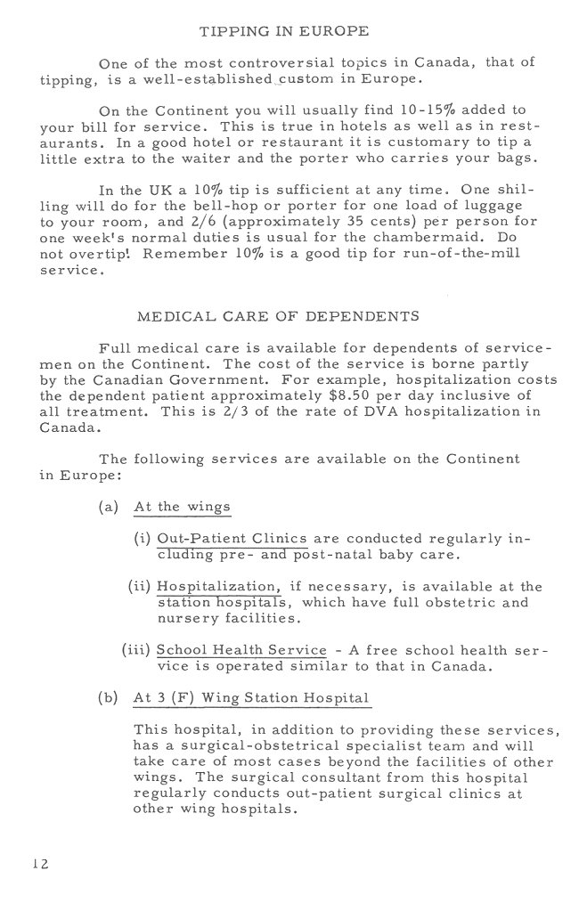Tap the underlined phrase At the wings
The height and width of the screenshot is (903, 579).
(x=182, y=508)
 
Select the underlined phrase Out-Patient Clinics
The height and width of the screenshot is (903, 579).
(x=232, y=540)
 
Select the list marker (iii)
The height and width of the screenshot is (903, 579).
(x=135, y=650)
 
